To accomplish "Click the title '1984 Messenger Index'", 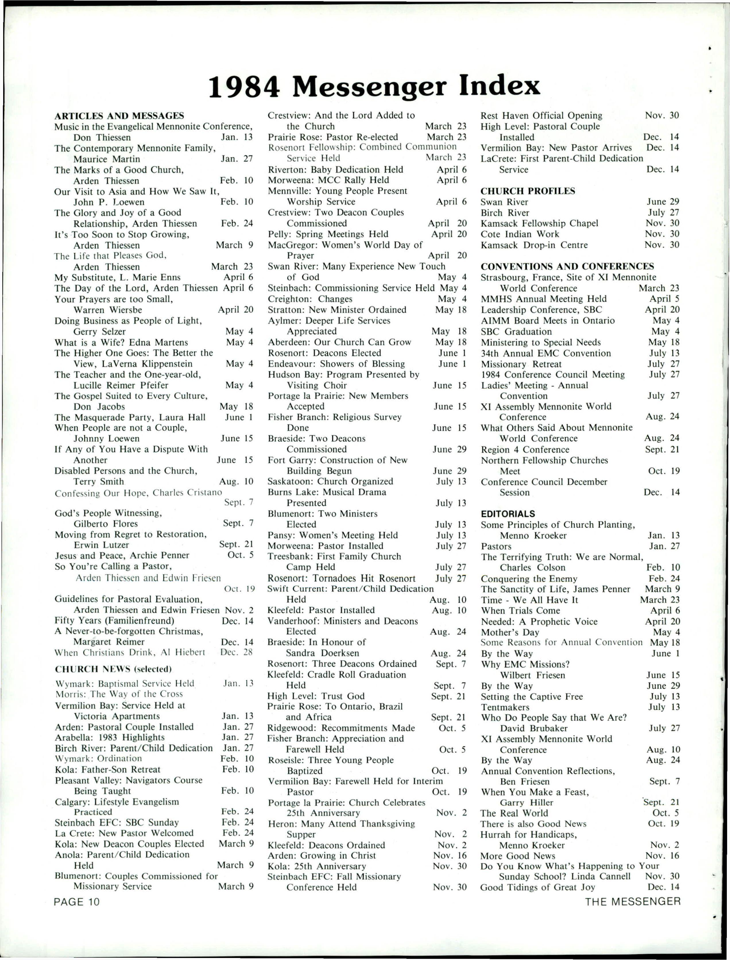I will point(374,86).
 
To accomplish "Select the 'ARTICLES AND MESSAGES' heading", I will point(119,116).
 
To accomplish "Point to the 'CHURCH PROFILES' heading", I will point(528,191).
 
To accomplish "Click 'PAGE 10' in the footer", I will point(77,901).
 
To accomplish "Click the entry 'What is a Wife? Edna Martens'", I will point(121,342).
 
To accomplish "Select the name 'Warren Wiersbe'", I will point(107,310).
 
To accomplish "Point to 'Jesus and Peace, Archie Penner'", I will point(122,556).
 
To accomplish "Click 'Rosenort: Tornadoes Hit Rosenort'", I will point(342,578).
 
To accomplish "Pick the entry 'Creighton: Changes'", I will point(310,299).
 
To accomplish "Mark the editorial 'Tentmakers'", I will point(505,707).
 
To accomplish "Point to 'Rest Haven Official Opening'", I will point(541,116).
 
